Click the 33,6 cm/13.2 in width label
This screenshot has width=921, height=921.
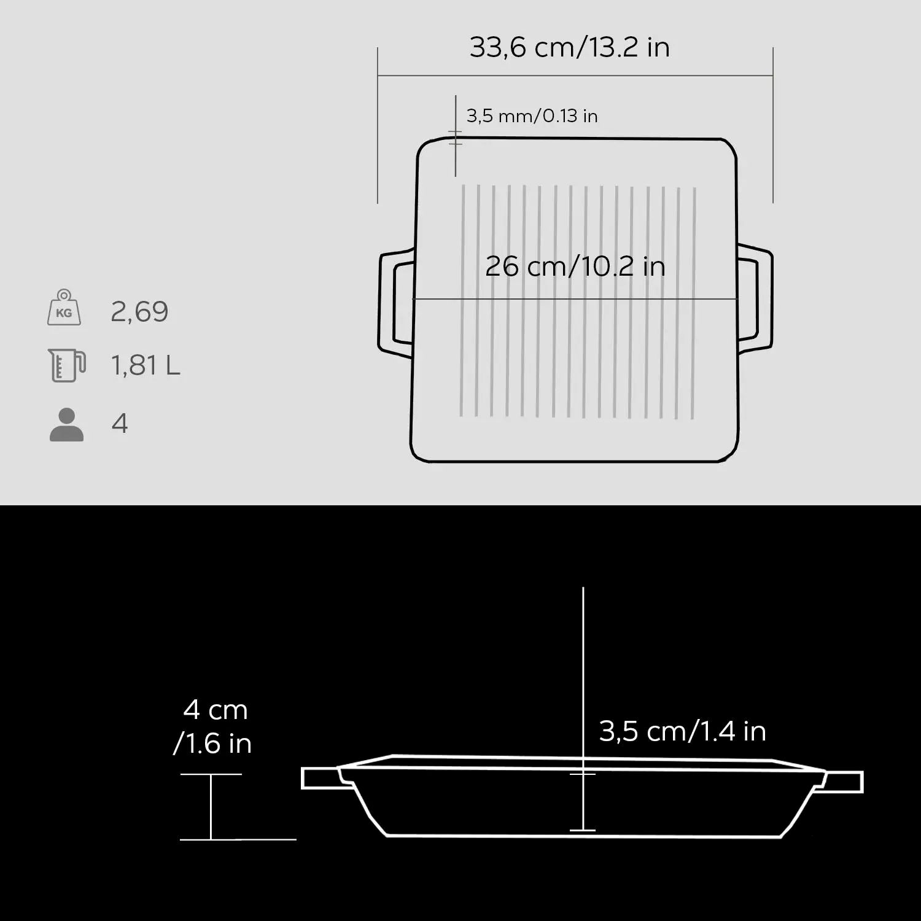[x=569, y=47]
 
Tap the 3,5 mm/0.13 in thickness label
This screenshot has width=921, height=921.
[x=532, y=115]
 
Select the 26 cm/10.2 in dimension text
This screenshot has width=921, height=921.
[x=575, y=266]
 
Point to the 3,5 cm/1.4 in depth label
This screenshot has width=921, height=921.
[x=682, y=731]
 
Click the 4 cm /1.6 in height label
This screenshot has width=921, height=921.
[x=213, y=726]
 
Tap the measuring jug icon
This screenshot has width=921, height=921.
[x=66, y=365]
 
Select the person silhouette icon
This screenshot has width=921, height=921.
[x=66, y=424]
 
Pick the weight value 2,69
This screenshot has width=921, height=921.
[x=139, y=312]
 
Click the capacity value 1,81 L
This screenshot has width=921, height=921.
[x=146, y=365]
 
